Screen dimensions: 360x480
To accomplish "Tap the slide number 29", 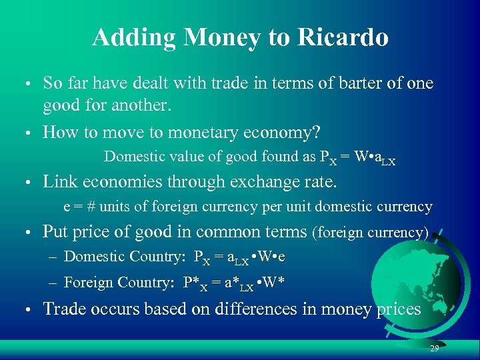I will pyautogui.click(x=434, y=349).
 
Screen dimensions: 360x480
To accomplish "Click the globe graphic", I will pyautogui.click(x=440, y=280).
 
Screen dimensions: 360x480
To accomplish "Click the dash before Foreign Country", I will pyautogui.click(x=55, y=283).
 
